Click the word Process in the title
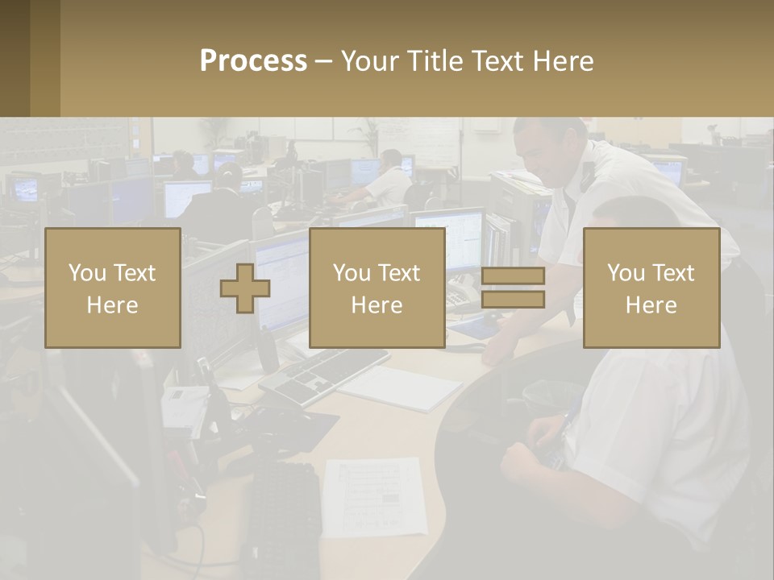tap(253, 61)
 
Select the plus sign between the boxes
tap(245, 288)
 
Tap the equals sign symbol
tap(513, 288)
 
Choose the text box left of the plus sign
tap(113, 288)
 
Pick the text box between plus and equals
tap(377, 288)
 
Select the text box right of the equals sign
tap(651, 288)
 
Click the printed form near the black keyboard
tap(374, 495)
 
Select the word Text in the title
tap(495, 61)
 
